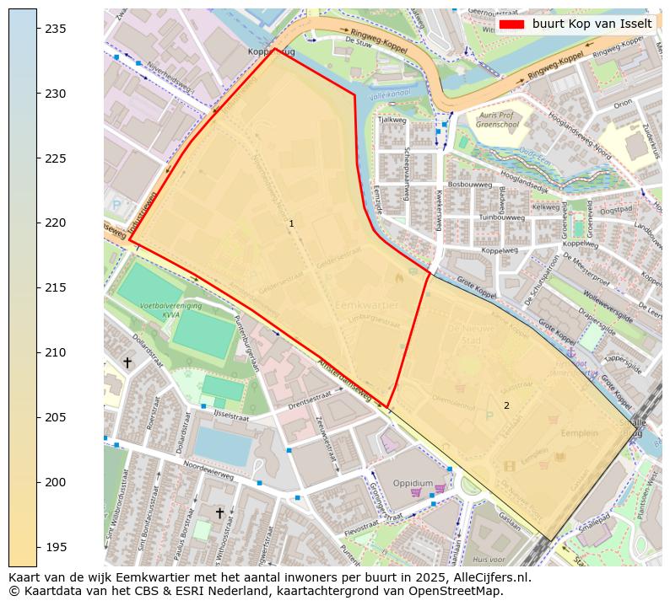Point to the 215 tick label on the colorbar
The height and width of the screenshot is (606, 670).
(x=56, y=288)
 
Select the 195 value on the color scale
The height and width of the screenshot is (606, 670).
(x=56, y=547)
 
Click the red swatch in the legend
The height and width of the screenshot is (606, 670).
(x=511, y=24)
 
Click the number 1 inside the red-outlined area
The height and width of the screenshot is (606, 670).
(x=291, y=223)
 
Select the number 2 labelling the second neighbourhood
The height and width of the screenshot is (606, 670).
(x=506, y=405)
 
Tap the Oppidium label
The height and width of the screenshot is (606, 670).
(x=413, y=483)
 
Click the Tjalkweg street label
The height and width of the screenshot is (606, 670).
(x=392, y=120)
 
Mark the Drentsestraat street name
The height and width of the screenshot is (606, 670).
(x=311, y=405)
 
